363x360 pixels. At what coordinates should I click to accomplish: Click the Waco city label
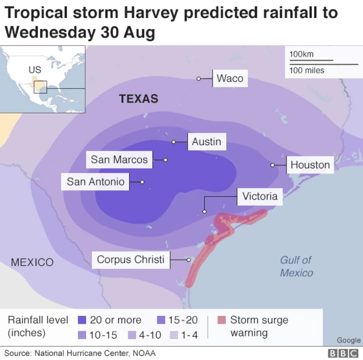pos(230,78)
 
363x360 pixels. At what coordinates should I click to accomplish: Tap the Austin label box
pos(206,141)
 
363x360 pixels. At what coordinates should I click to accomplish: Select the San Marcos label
pos(119,160)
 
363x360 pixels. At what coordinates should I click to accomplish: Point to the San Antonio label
pos(95,182)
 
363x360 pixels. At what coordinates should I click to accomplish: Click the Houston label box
pos(310,165)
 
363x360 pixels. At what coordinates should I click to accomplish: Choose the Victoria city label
pos(260,196)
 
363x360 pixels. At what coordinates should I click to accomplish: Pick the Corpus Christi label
pos(130,260)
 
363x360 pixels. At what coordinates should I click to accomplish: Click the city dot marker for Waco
pos(199,78)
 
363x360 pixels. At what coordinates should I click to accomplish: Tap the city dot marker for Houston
pos(273,165)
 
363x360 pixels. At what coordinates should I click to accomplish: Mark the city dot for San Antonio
pos(142,182)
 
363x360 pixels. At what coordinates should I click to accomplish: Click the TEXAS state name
pos(138,99)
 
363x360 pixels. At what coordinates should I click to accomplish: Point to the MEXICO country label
pos(32,262)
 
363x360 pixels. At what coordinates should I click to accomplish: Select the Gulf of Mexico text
pos(296,266)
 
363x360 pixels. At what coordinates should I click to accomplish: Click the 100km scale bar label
pos(301,54)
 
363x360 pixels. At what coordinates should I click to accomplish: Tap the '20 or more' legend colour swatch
pos(81,320)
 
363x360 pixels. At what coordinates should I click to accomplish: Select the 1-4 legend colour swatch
pos(174,335)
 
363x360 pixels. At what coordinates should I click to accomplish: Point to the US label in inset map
pos(35,70)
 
